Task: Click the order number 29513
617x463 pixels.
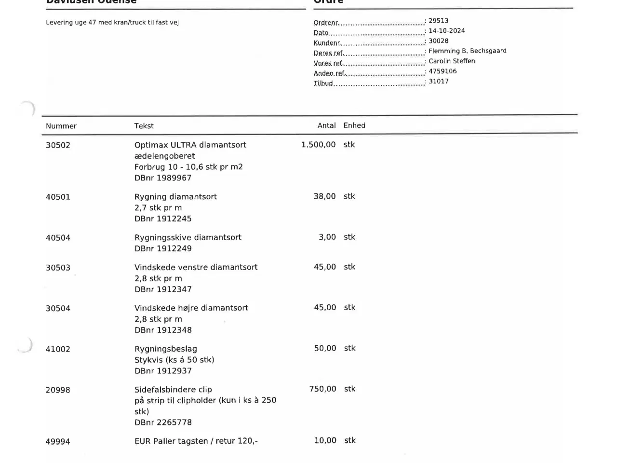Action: pyautogui.click(x=438, y=21)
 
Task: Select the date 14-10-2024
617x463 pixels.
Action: pyautogui.click(x=446, y=31)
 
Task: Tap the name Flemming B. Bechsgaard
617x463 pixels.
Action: pyautogui.click(x=467, y=51)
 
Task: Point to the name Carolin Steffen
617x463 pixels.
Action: pyautogui.click(x=452, y=61)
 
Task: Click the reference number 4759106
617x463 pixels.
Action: pyautogui.click(x=443, y=71)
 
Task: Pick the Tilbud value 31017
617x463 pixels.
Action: pyautogui.click(x=439, y=81)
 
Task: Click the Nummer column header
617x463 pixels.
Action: pyautogui.click(x=61, y=126)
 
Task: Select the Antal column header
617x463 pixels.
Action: pyautogui.click(x=326, y=125)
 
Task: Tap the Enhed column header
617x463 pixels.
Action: pyautogui.click(x=354, y=125)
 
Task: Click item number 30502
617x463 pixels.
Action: pyautogui.click(x=58, y=145)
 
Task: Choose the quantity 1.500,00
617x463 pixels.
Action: pyautogui.click(x=318, y=145)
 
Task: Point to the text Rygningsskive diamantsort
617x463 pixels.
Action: pyautogui.click(x=188, y=237)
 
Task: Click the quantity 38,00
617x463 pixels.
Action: pyautogui.click(x=324, y=196)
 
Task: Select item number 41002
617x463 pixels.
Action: pyautogui.click(x=58, y=349)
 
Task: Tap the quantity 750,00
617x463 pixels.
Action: pyautogui.click(x=322, y=389)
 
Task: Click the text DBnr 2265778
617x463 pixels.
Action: pyautogui.click(x=163, y=422)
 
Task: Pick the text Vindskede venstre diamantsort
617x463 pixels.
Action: pyautogui.click(x=196, y=267)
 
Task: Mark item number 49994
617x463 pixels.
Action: pyautogui.click(x=58, y=441)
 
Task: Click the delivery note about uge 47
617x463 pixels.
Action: pyautogui.click(x=112, y=22)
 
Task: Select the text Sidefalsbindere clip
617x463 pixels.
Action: pyautogui.click(x=173, y=389)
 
